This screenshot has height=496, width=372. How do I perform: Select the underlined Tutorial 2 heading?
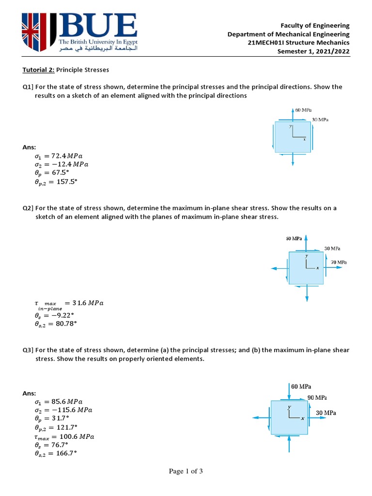click(39, 70)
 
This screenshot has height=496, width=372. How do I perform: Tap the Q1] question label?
click(28, 87)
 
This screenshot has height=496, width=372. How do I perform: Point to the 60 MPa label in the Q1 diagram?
click(304, 110)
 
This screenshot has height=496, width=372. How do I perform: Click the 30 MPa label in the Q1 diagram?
click(320, 119)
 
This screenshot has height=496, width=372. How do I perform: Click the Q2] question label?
click(28, 208)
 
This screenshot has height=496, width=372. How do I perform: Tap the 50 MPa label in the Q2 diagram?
click(294, 238)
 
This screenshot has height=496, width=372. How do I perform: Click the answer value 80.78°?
click(64, 324)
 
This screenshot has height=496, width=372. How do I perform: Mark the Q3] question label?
click(28, 349)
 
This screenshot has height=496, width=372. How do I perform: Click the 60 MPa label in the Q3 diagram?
click(301, 387)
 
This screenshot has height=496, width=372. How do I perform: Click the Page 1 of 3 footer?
click(186, 471)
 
